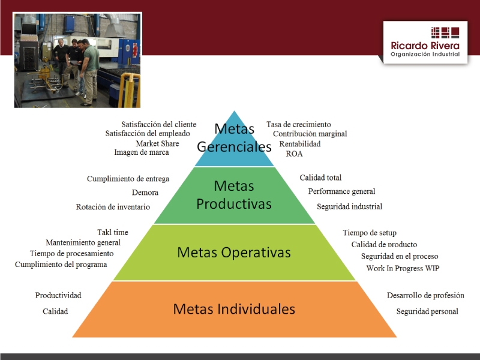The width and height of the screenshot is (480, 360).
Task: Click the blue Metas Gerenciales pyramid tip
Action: click(234, 144)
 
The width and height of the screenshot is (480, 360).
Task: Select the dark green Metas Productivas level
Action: click(234, 196)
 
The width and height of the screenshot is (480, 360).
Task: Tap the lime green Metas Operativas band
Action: click(234, 253)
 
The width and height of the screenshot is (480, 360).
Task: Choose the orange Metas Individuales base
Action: click(234, 309)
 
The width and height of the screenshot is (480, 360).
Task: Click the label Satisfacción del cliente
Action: click(158, 124)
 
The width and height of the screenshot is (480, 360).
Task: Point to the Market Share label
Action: click(157, 143)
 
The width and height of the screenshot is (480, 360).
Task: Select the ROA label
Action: click(294, 154)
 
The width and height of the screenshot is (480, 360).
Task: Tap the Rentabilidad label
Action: click(300, 144)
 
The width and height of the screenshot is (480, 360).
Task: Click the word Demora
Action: click(145, 193)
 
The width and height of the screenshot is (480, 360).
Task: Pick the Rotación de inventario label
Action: click(113, 207)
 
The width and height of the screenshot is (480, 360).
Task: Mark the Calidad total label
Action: click(320, 178)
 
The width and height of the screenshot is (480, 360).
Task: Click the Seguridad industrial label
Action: click(350, 206)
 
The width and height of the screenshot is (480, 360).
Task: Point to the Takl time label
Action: click(113, 232)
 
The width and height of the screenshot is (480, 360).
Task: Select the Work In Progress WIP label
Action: click(403, 268)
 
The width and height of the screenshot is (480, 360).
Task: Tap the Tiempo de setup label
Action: click(370, 233)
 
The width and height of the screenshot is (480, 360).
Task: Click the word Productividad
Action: click(58, 295)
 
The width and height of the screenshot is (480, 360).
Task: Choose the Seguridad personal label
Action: click(427, 311)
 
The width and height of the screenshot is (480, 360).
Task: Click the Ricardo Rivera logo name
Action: click(425, 46)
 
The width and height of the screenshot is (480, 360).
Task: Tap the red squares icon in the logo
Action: click(445, 32)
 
